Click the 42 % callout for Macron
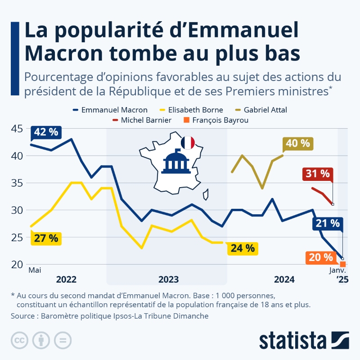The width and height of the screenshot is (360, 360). (x=46, y=132)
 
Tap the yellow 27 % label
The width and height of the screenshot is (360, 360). (x=46, y=238)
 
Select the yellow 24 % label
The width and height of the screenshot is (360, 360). (x=243, y=247)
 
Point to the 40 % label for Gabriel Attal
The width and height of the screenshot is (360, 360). (x=298, y=144)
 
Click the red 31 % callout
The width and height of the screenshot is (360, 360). (x=317, y=174)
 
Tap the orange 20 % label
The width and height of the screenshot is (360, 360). (x=321, y=257)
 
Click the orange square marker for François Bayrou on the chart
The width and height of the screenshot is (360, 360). (x=343, y=264)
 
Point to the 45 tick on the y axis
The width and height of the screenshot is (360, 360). (x=17, y=129)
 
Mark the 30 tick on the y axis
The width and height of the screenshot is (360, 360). (x=17, y=210)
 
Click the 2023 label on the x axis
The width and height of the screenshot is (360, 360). (x=168, y=279)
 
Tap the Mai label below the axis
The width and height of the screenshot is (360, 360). (x=35, y=270)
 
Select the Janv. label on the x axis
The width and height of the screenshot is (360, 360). (x=337, y=270)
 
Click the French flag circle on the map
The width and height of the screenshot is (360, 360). (x=187, y=143)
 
